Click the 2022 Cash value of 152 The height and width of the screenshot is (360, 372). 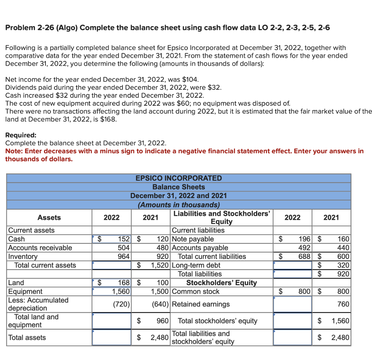point(123,239)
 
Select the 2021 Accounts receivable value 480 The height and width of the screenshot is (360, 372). point(162,248)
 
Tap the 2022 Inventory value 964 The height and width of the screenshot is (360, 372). point(123,256)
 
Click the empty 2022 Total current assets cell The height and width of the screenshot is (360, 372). point(112,265)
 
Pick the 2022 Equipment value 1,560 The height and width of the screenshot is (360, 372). point(121,291)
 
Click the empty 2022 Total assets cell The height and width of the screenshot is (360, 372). point(112,337)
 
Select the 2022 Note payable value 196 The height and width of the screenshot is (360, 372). point(304,239)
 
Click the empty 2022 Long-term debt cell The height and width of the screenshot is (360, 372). point(292,265)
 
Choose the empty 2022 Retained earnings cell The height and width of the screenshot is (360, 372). point(292,304)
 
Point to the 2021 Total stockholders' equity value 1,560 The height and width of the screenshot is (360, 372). point(340,321)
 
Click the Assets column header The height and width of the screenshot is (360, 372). point(49,218)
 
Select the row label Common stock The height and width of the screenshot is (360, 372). point(195,291)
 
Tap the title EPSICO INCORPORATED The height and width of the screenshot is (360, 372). point(178,178)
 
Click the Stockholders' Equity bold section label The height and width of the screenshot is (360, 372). point(221,283)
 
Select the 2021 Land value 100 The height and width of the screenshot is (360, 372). point(162,283)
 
